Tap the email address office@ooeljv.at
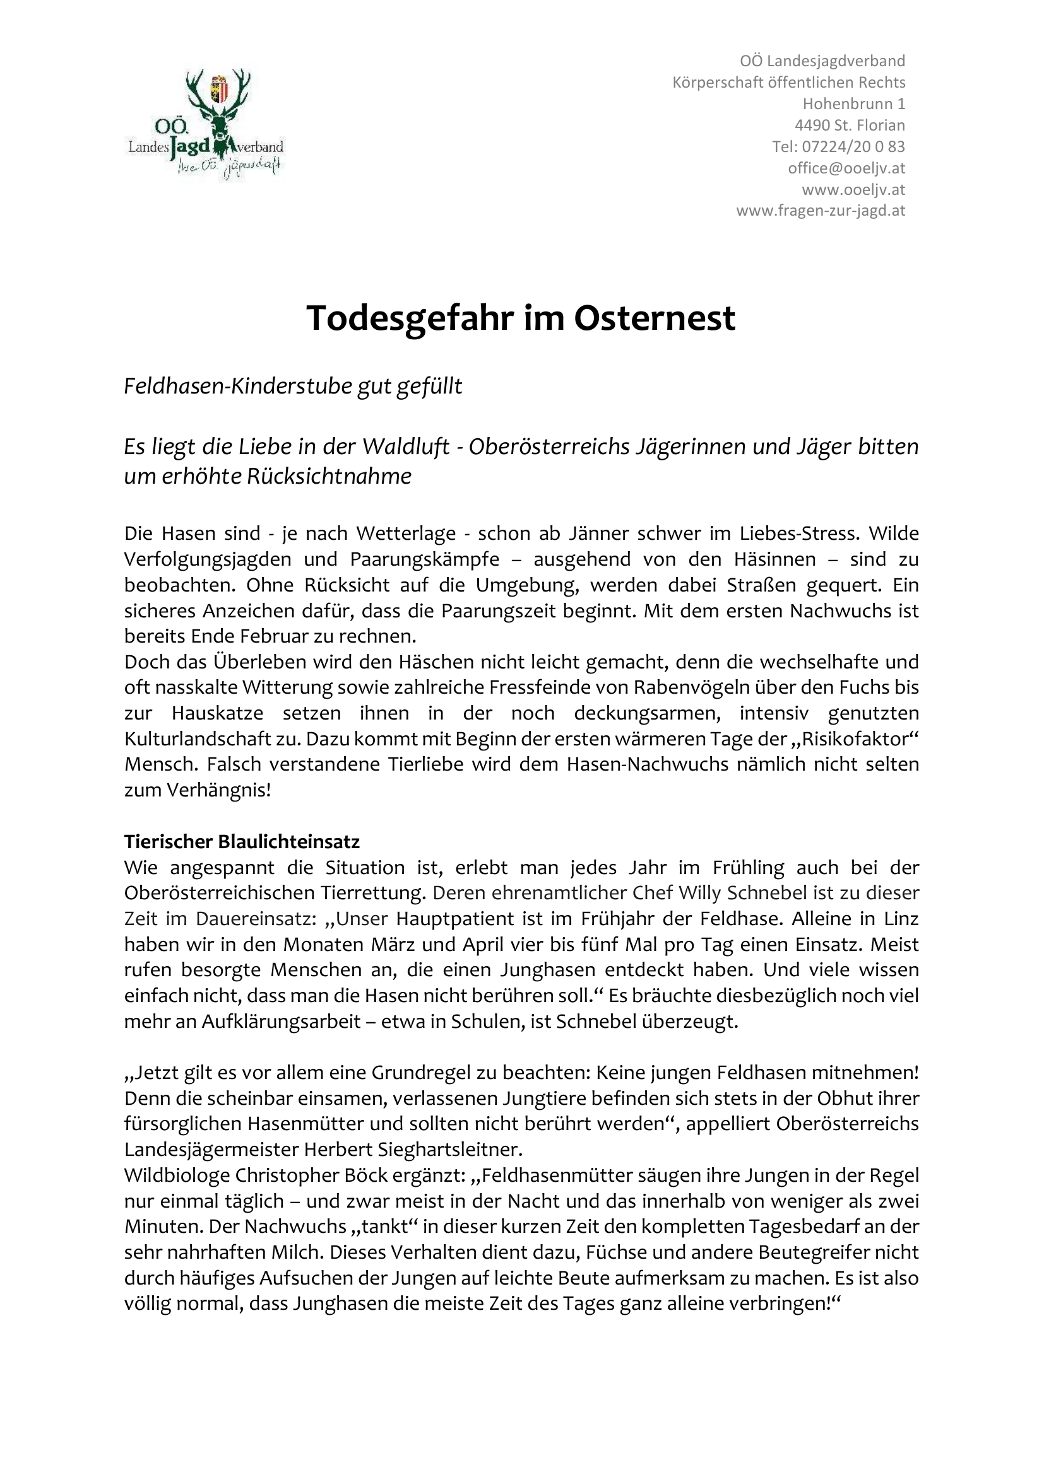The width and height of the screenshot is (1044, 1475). point(846,168)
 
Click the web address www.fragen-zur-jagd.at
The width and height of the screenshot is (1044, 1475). point(821,211)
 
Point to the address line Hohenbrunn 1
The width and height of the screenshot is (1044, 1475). point(854,103)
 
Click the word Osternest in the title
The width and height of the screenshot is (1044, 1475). point(655,318)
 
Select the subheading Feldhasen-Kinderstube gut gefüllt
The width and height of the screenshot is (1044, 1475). point(293,386)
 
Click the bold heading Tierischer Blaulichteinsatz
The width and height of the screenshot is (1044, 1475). point(242,842)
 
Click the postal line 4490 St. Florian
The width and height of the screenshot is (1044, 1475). point(849,125)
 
